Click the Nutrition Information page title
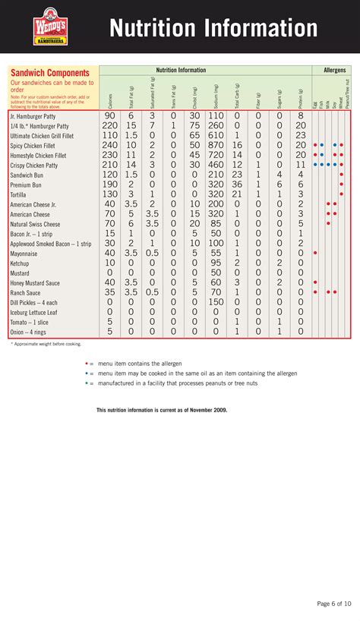pos(213,28)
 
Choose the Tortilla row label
pos(20,194)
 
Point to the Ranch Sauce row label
pos(25,292)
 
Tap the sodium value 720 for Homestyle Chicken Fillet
pos(216,155)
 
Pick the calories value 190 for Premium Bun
pos(110,184)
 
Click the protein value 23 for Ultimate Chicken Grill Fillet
pos(300,135)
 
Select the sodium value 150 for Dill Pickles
pos(216,301)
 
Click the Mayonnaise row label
pos(25,252)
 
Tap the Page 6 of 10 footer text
pos(334,604)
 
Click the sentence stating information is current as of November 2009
pos(161,410)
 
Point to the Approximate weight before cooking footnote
pos(46,344)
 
